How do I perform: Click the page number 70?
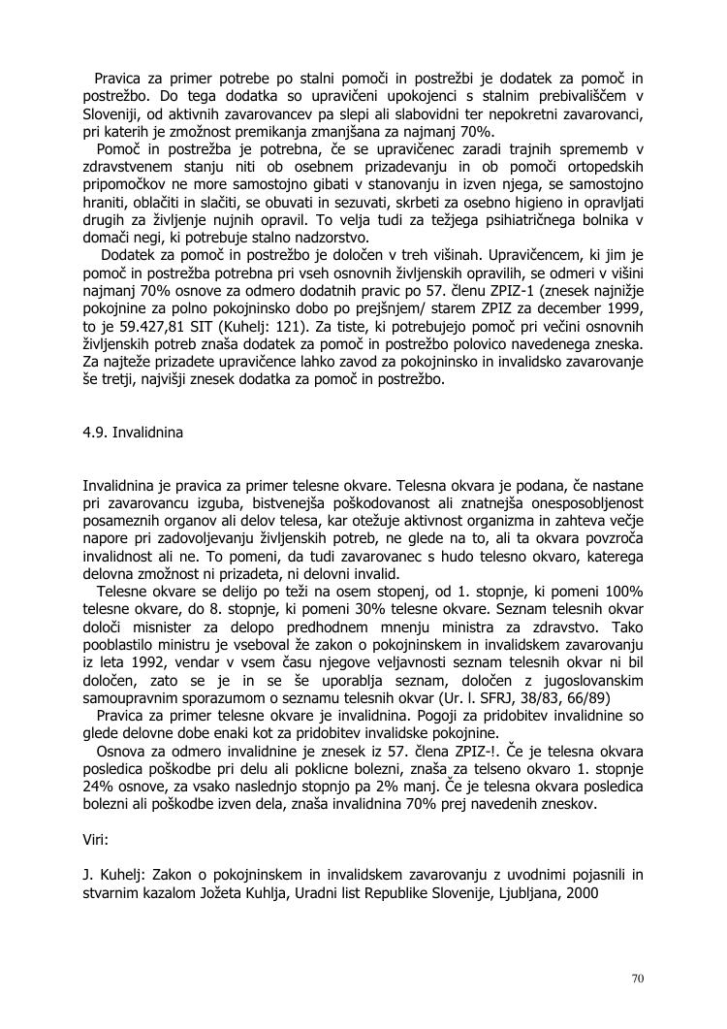[x=637, y=977]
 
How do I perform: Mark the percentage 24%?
[x=101, y=787]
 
